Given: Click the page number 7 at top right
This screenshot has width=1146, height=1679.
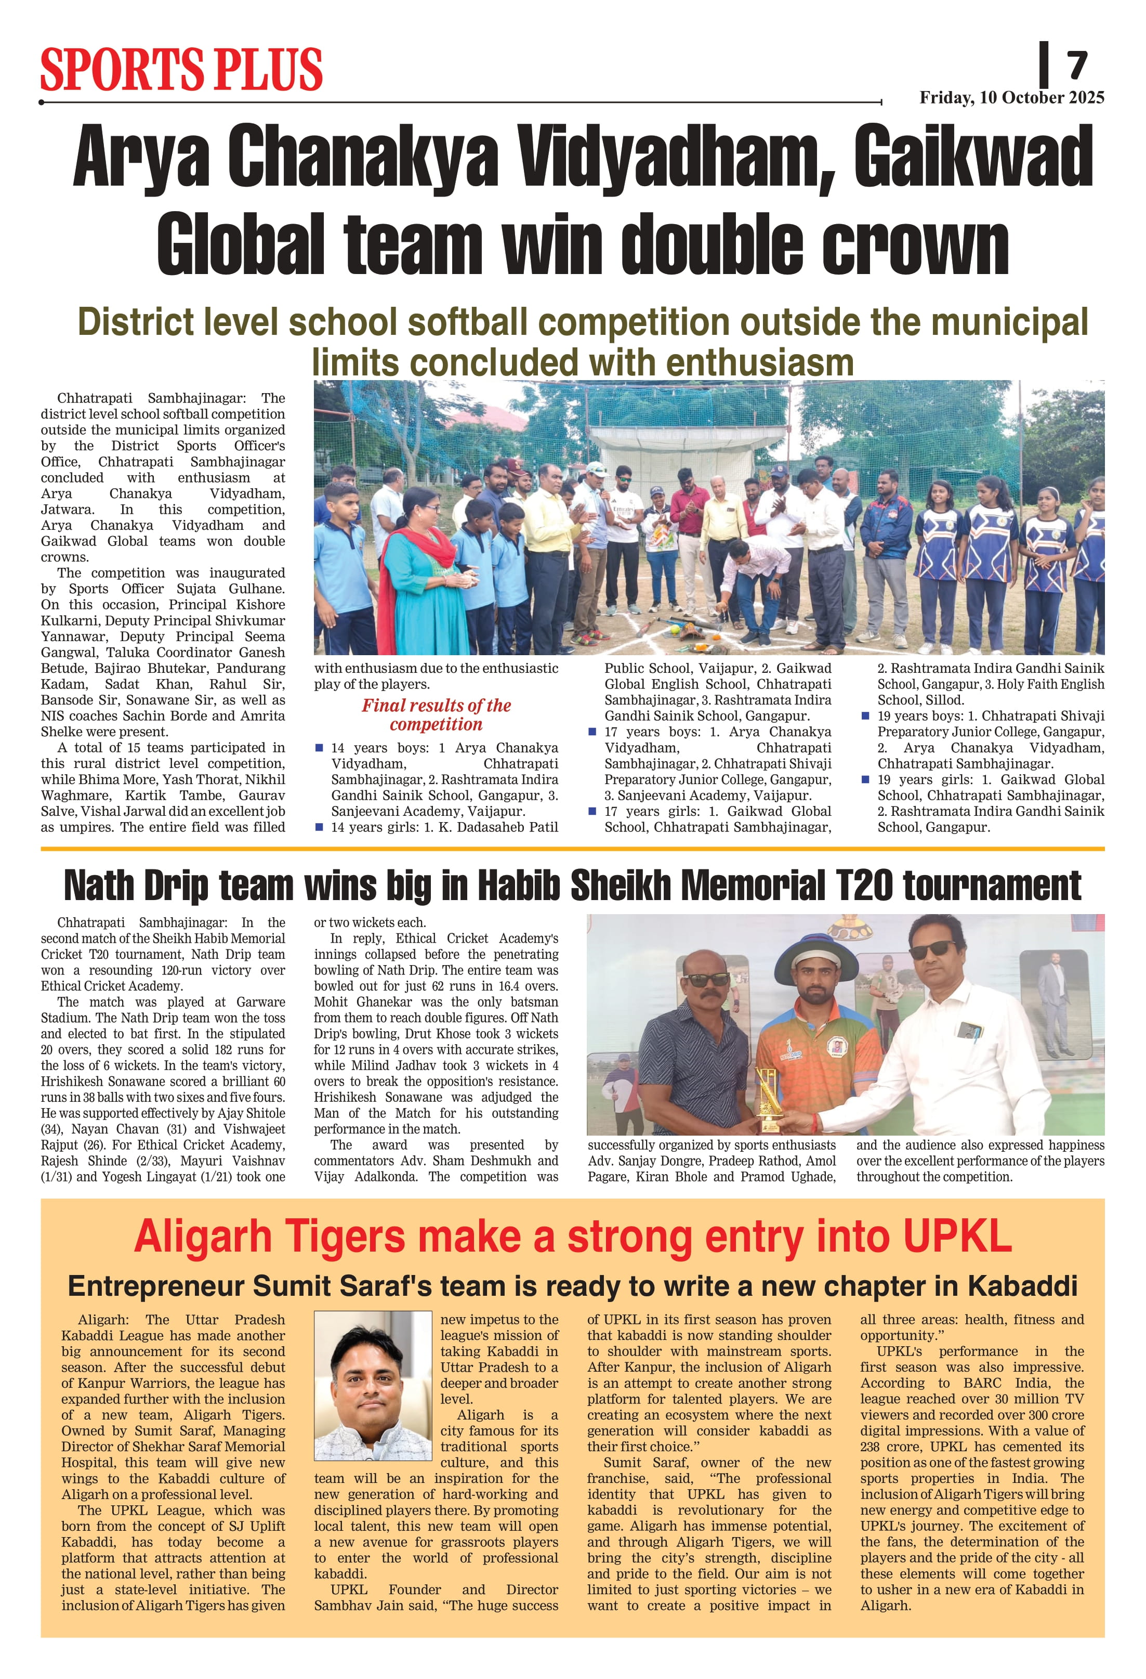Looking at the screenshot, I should [1077, 66].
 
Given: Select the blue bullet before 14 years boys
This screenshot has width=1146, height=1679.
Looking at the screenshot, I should [319, 748].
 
